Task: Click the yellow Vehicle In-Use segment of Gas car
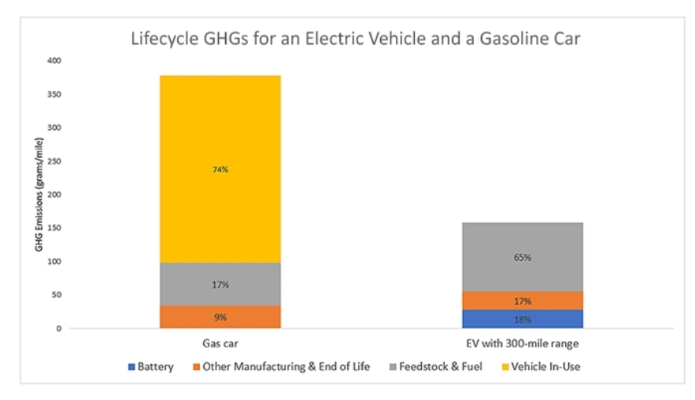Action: click(x=220, y=141)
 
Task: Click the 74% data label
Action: click(x=220, y=169)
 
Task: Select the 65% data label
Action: click(x=523, y=257)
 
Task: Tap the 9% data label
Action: click(x=220, y=317)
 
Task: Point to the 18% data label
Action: click(x=523, y=320)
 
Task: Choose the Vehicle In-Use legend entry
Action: click(x=545, y=366)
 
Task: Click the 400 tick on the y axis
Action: click(x=54, y=61)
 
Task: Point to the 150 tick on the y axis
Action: click(x=54, y=228)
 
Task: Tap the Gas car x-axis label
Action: click(x=220, y=344)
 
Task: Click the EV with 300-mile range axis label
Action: click(x=523, y=344)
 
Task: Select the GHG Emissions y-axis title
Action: click(x=39, y=194)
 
